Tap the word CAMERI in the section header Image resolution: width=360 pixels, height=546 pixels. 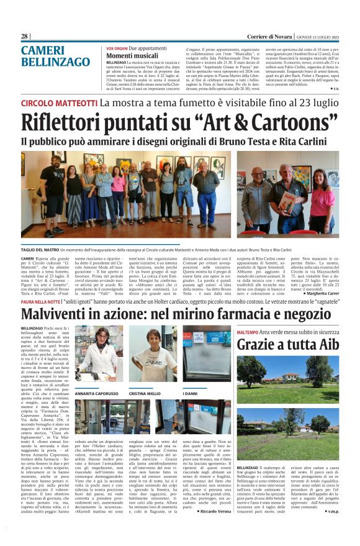click(41, 50)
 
